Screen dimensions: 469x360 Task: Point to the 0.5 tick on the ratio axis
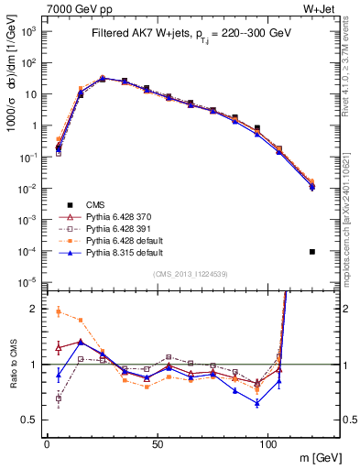[32, 420]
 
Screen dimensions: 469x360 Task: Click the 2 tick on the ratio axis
[36, 309]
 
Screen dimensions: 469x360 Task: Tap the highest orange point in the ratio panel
[59, 311]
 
